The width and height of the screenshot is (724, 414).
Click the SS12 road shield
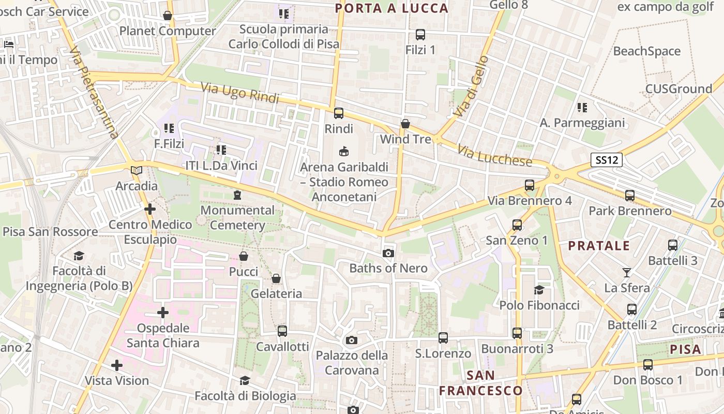click(x=606, y=160)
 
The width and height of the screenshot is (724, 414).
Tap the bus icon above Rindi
click(x=339, y=113)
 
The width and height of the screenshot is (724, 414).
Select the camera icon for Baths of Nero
click(x=388, y=253)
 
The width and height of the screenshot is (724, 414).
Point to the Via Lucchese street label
click(x=494, y=155)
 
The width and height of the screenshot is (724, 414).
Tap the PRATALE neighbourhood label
click(x=599, y=245)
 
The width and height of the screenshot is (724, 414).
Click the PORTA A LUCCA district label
click(x=391, y=8)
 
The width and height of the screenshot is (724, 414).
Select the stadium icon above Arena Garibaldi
click(x=343, y=152)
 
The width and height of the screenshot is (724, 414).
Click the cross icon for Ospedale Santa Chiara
click(x=163, y=313)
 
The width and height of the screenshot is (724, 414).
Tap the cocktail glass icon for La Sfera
click(x=627, y=272)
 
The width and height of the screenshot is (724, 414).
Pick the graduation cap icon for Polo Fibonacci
click(x=539, y=290)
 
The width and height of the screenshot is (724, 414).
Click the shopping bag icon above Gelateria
click(x=276, y=279)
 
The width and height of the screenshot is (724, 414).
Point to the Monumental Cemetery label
click(x=237, y=218)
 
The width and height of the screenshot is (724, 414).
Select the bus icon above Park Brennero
click(x=629, y=196)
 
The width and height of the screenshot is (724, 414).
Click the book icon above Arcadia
click(x=137, y=170)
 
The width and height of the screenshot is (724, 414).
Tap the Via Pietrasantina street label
click(x=94, y=93)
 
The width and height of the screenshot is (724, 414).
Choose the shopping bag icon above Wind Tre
click(x=405, y=124)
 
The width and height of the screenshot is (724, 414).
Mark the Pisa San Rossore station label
click(x=50, y=231)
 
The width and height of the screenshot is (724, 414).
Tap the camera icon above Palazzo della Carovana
click(x=352, y=340)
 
